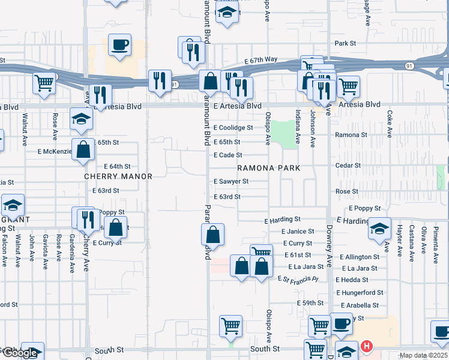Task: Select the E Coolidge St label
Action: click(233, 128)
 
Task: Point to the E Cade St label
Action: click(228, 155)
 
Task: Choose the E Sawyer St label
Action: click(231, 181)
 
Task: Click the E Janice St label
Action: click(297, 232)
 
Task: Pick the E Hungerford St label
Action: click(360, 293)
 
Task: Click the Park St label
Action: click(346, 44)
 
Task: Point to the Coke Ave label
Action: click(389, 124)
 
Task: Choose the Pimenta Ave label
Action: click(436, 245)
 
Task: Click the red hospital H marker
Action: click(367, 347)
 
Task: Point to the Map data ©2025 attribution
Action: click(423, 356)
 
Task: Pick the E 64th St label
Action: click(117, 166)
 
